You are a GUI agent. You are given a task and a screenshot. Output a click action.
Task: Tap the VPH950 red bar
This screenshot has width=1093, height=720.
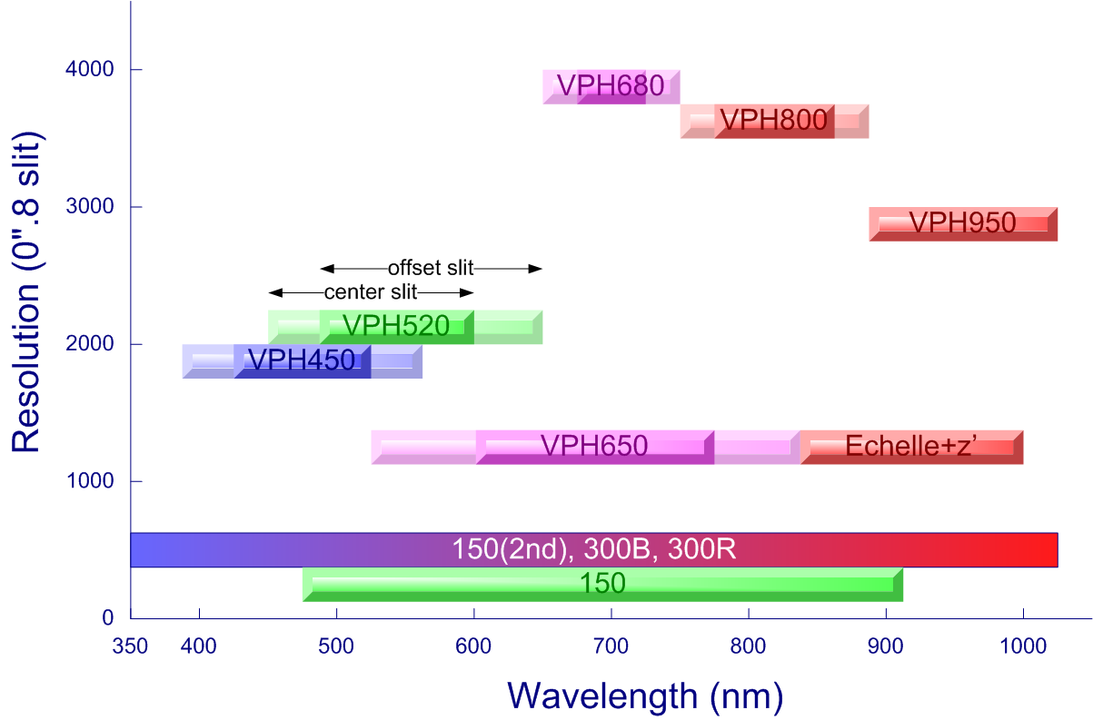click(x=963, y=223)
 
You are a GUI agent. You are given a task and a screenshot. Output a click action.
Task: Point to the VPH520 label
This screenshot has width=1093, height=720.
click(x=396, y=326)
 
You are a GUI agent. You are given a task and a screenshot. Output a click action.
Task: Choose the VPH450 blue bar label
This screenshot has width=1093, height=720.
click(x=301, y=360)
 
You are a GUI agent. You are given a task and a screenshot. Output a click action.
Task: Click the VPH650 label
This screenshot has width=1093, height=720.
click(x=593, y=447)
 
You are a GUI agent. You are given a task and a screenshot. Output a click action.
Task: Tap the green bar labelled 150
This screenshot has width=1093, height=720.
click(x=602, y=584)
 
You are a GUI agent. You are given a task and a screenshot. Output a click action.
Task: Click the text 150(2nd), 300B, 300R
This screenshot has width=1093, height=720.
click(x=593, y=549)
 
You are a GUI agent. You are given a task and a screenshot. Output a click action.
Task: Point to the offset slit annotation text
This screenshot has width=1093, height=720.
click(x=431, y=268)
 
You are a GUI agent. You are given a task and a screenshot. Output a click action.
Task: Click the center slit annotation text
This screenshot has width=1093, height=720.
click(x=371, y=292)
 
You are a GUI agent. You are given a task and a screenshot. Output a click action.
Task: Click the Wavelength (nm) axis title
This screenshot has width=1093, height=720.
click(x=645, y=697)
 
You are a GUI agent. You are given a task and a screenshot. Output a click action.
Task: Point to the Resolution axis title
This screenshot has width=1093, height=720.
click(x=26, y=291)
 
